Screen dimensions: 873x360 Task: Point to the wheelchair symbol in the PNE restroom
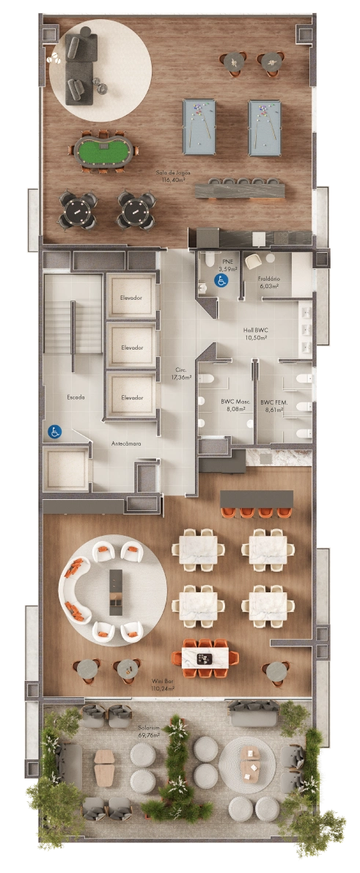(218, 280)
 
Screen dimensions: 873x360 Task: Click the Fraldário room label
(269, 282)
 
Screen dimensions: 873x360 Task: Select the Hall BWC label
(255, 334)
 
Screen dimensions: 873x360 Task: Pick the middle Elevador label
(131, 347)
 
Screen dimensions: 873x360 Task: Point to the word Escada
(76, 397)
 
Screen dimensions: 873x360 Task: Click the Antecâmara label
(126, 443)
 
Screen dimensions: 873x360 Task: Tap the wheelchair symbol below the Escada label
(54, 432)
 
